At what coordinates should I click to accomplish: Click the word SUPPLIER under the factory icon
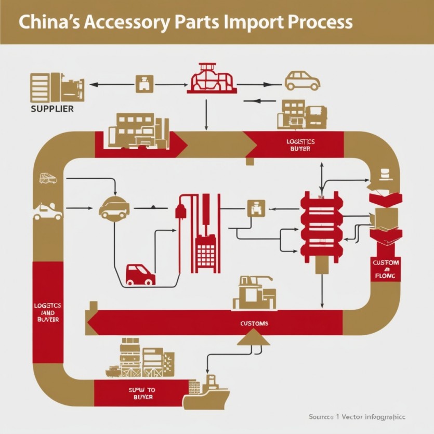(x=52, y=109)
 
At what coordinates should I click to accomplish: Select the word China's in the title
(x=47, y=22)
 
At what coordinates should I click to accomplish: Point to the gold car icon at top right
(x=302, y=81)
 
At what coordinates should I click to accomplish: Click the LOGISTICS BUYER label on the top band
(x=300, y=145)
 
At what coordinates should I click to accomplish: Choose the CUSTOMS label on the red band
(x=255, y=323)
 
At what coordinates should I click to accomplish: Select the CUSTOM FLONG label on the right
(x=386, y=269)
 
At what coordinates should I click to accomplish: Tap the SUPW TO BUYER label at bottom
(x=141, y=393)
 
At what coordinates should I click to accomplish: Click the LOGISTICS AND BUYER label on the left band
(x=48, y=312)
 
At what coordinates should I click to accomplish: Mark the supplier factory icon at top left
(x=57, y=87)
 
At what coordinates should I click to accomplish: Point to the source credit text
(x=357, y=417)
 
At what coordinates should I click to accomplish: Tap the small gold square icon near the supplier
(x=143, y=84)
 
